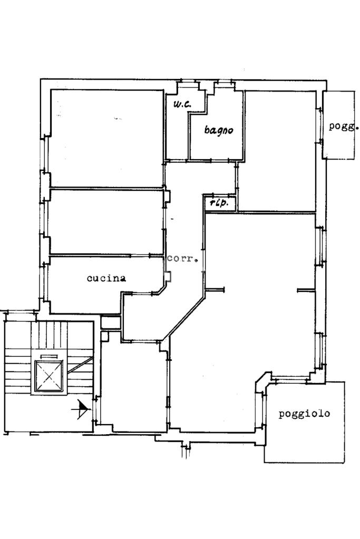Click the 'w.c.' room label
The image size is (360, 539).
point(182,104)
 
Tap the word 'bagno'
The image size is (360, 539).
point(219,130)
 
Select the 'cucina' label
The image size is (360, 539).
point(106,278)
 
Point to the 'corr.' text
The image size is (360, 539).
point(182,259)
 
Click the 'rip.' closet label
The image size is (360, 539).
point(219,203)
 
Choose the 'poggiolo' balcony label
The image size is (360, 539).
point(304,414)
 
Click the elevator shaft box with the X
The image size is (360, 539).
point(49,376)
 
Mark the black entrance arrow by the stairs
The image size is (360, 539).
point(82,409)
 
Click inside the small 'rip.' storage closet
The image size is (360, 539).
point(220,203)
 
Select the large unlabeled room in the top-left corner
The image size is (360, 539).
point(106,138)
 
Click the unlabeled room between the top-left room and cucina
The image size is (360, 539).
point(106,222)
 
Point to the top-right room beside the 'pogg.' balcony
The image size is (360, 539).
point(277,151)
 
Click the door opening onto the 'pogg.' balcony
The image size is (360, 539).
point(319,125)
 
